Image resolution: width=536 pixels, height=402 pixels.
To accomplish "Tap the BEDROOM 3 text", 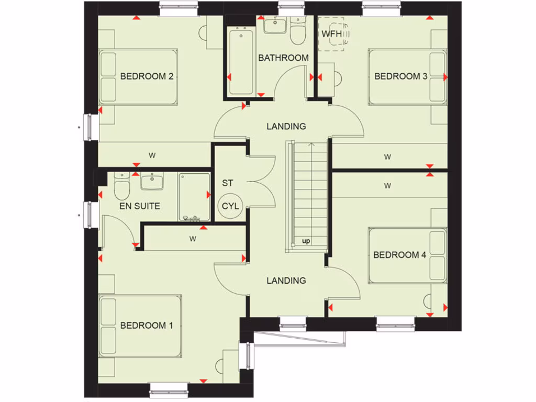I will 400,76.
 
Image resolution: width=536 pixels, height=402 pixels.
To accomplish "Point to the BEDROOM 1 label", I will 147,326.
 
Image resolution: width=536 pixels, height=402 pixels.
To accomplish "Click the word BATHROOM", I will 283,58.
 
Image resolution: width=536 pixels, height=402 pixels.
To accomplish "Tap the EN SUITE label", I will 140,206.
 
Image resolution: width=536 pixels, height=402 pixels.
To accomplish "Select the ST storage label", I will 227,183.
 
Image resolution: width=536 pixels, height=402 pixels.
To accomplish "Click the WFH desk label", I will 331,34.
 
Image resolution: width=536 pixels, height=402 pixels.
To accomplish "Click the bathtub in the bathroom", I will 241,63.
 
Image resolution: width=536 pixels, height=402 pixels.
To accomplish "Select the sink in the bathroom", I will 274,25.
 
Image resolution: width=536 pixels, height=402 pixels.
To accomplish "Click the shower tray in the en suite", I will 193,196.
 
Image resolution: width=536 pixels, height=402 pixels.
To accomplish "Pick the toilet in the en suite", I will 121,186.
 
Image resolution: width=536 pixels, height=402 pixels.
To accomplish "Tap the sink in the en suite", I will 152,182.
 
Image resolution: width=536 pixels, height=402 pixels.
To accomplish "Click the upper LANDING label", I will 286,126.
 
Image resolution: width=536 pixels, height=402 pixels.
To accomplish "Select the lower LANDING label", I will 286,281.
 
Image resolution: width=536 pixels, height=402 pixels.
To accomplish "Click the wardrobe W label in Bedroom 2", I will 152,155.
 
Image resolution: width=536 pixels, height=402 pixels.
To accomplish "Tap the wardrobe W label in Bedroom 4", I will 387,185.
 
